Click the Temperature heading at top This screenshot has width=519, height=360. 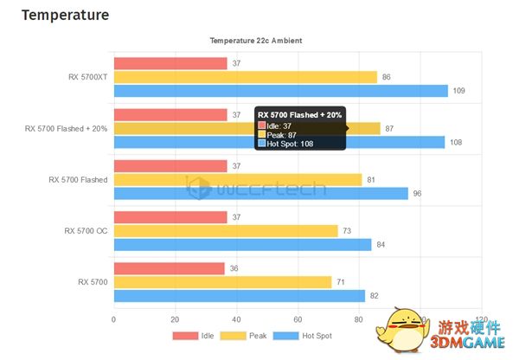click(x=65, y=16)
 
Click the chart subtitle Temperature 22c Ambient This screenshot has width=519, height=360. click(x=256, y=41)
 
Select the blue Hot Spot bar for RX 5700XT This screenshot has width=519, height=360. click(x=280, y=91)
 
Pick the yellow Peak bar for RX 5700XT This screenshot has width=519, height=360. click(x=246, y=77)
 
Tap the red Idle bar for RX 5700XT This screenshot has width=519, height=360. click(x=170, y=63)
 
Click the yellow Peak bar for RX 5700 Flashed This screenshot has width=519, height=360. click(x=238, y=179)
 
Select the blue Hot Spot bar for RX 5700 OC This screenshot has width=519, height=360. click(x=242, y=244)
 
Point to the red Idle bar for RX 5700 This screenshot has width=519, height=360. click(x=169, y=268)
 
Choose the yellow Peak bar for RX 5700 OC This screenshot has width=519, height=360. click(x=226, y=230)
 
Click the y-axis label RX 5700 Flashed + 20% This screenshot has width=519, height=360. click(x=67, y=128)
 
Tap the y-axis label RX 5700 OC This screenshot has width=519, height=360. click(x=86, y=230)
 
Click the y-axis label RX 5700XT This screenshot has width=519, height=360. click(x=88, y=77)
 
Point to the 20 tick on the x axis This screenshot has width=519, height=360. click(x=176, y=318)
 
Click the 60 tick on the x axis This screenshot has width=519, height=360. click(x=298, y=318)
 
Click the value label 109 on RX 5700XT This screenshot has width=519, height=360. click(x=459, y=91)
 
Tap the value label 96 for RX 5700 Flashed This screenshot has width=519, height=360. click(x=417, y=193)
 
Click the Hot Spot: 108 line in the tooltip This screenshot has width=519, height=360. click(x=290, y=144)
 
